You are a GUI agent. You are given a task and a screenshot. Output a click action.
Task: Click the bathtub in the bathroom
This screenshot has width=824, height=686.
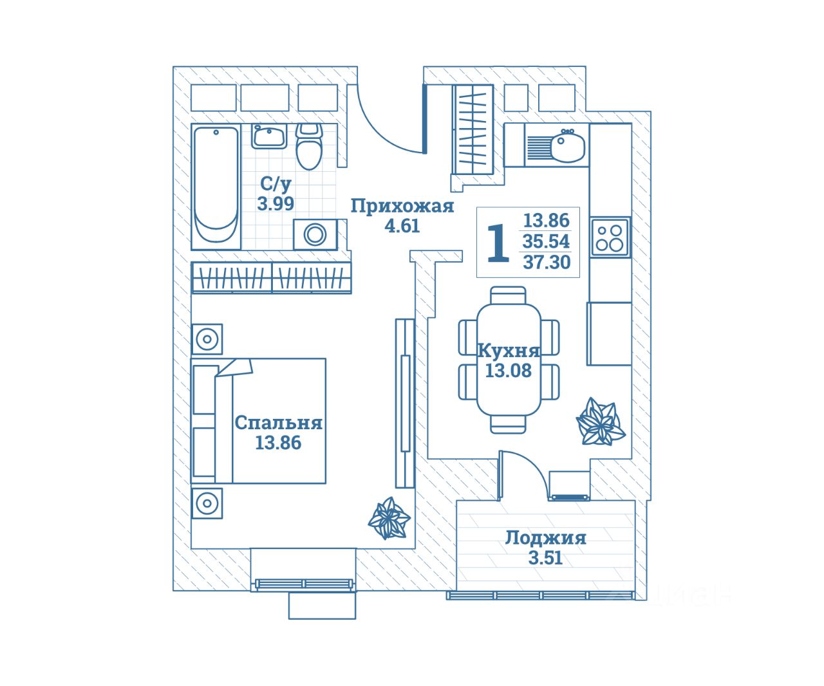(x=216, y=187)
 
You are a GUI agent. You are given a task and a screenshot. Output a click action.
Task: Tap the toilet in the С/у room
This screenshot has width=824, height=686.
(x=309, y=147)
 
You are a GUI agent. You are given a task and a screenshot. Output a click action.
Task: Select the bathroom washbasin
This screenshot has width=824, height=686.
(x=269, y=136)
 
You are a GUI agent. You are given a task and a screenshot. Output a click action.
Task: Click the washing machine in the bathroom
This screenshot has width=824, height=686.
(x=315, y=234)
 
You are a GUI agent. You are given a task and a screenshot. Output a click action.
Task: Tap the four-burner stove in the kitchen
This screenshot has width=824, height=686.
(x=610, y=236)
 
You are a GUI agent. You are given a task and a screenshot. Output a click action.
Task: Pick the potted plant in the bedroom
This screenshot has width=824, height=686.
(x=389, y=519)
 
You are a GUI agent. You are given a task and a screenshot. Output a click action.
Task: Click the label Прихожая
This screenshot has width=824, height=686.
(x=402, y=206)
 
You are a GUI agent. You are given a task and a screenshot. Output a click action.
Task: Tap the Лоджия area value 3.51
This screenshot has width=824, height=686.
(x=545, y=558)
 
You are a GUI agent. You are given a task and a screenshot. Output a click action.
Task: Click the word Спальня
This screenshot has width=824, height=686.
(x=278, y=423)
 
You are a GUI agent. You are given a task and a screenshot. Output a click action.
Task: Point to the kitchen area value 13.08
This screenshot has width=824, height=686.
(x=509, y=371)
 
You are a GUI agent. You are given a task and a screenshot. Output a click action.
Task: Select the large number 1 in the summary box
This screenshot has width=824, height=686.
(x=498, y=243)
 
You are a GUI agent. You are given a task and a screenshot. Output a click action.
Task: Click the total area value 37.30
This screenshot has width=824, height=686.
(x=547, y=262)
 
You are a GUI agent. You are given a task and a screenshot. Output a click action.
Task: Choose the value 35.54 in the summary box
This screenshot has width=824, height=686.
(x=547, y=241)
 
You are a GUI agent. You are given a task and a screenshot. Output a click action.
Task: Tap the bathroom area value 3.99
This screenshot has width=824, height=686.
(x=276, y=204)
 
